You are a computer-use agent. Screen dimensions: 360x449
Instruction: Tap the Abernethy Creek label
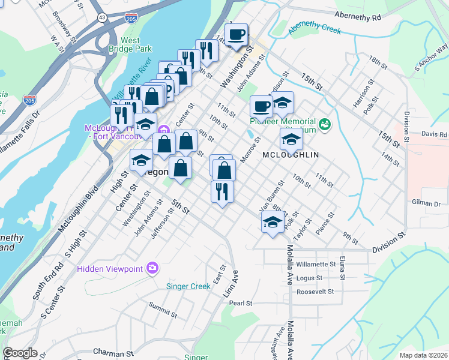(x=315, y=29)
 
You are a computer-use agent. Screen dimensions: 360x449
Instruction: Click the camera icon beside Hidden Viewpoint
(x=152, y=267)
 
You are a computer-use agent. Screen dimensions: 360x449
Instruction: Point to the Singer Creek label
(x=188, y=286)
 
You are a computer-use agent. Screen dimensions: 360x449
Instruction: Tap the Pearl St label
(x=240, y=303)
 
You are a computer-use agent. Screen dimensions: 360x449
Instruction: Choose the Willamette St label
(x=316, y=264)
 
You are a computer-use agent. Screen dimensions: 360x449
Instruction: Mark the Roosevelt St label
(x=315, y=292)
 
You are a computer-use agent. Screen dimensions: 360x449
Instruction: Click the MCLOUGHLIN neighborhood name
(x=290, y=154)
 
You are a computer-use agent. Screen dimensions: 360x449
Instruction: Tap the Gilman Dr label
(x=426, y=203)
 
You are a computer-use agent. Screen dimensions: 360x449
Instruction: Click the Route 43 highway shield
(x=102, y=19)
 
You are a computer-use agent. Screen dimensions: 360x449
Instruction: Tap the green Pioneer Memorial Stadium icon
(x=325, y=124)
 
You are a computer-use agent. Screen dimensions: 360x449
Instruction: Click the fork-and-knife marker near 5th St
(x=222, y=192)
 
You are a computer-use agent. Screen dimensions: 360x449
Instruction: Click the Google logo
(x=20, y=353)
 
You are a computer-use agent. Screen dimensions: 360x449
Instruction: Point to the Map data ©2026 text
(x=423, y=355)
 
